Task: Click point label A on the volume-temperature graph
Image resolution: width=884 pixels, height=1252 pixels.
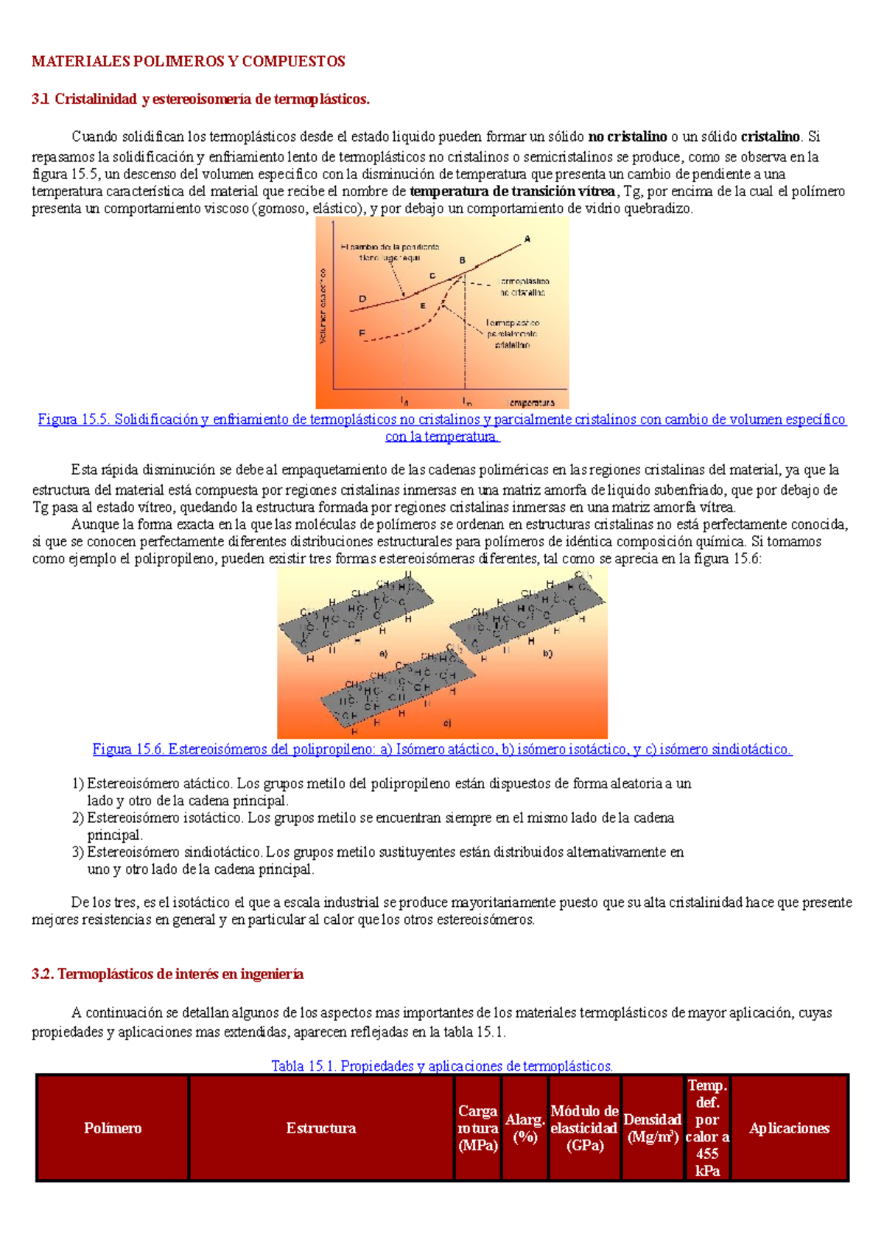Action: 527,238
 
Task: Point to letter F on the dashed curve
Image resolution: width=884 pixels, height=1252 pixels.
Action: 362,333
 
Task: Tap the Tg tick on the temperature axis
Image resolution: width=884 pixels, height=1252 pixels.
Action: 404,400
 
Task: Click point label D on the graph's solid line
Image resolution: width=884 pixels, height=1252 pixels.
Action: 362,299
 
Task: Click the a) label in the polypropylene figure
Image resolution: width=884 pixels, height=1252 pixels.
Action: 383,653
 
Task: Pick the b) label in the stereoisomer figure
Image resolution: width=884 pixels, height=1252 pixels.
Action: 547,653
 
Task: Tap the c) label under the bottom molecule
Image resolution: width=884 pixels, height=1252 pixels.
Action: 447,723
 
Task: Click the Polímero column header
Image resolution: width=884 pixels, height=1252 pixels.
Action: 113,1128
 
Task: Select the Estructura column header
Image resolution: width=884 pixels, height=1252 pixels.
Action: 321,1128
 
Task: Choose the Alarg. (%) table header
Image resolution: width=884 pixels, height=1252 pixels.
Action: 525,1128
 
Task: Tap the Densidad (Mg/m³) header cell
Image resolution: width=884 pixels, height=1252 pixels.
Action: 652,1128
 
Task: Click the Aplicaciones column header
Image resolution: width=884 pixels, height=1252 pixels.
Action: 789,1128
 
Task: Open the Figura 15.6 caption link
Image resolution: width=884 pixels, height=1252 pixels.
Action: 442,749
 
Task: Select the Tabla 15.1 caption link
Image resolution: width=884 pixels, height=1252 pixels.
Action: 442,1065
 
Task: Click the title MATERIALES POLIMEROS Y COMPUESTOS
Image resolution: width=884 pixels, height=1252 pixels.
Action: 188,61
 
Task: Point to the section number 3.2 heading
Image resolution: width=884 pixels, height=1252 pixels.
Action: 43,974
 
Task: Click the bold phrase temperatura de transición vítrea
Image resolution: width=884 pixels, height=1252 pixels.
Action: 511,192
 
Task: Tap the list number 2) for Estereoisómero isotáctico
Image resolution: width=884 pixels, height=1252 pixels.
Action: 78,818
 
